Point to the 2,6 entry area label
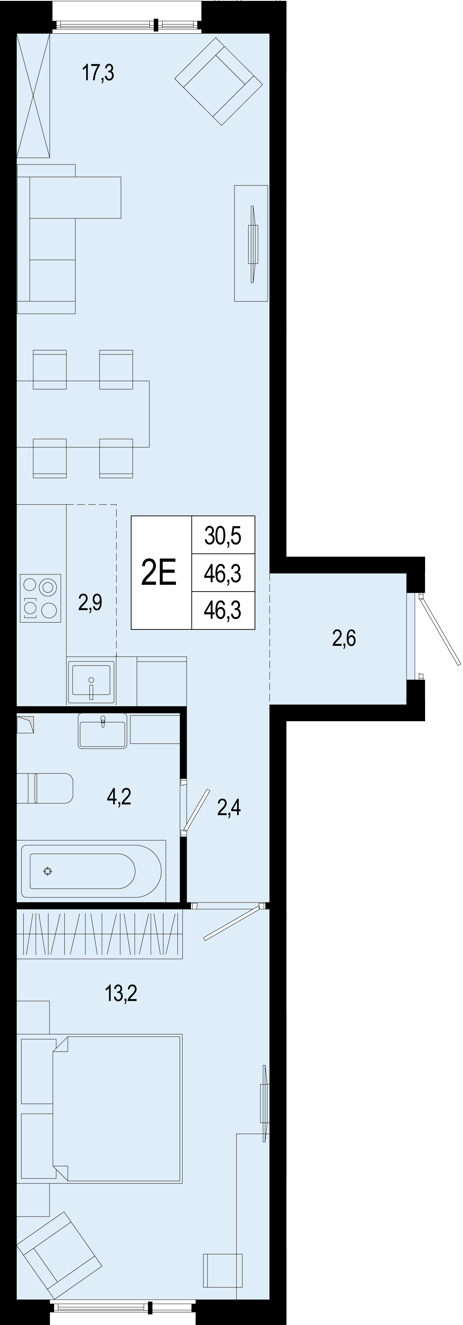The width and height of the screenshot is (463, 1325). click(x=344, y=638)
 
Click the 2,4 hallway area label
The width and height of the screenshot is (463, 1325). click(x=229, y=808)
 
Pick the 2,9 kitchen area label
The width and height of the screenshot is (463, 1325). click(x=90, y=602)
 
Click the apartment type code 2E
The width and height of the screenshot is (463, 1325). click(x=159, y=573)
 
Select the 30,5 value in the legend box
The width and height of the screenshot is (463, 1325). click(x=223, y=536)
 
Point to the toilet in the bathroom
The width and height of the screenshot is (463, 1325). click(x=45, y=788)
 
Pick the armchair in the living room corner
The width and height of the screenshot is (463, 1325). click(x=219, y=81)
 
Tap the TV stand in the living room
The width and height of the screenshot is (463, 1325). click(x=251, y=243)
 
